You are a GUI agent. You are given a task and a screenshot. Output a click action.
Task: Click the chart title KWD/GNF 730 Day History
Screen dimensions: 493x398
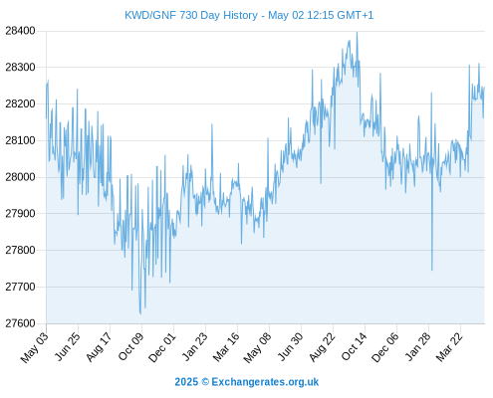(x=191, y=15)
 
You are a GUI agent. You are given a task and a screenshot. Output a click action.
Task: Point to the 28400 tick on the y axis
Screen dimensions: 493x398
(x=20, y=31)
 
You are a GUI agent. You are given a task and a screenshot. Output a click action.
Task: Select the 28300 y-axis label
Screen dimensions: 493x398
(x=20, y=68)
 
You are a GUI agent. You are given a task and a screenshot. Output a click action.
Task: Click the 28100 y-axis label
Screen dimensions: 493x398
(x=20, y=140)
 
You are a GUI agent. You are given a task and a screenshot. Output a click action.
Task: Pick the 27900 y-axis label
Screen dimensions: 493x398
(x=20, y=214)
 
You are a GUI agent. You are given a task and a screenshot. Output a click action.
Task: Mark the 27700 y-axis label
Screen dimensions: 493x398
(x=20, y=287)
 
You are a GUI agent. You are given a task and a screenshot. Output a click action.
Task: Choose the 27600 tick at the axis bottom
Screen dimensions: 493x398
(x=20, y=323)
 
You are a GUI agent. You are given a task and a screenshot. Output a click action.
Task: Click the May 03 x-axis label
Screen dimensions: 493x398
(x=35, y=346)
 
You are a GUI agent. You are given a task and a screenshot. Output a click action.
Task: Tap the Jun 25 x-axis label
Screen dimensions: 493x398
(x=68, y=346)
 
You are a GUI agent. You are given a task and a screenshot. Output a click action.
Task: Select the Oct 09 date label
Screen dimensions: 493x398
(x=131, y=346)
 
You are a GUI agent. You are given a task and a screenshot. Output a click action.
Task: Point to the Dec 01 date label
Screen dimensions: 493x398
(x=162, y=346)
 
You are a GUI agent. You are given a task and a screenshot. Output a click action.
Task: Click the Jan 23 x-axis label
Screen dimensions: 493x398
(x=195, y=346)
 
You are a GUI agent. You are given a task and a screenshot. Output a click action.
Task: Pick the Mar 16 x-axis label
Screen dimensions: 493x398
(x=226, y=346)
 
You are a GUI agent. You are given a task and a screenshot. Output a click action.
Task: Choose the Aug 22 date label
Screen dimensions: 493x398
(x=322, y=346)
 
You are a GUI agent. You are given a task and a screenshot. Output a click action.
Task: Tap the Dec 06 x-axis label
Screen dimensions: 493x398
(x=385, y=346)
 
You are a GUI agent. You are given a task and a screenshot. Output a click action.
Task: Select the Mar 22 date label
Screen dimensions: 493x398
(x=449, y=346)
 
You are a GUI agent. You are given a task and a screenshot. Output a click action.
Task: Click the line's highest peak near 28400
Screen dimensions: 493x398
(x=357, y=33)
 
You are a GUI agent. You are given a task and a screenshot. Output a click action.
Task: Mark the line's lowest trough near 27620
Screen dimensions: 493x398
(x=140, y=313)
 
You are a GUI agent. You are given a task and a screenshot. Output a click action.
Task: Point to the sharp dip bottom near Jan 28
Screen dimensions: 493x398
(x=432, y=270)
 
